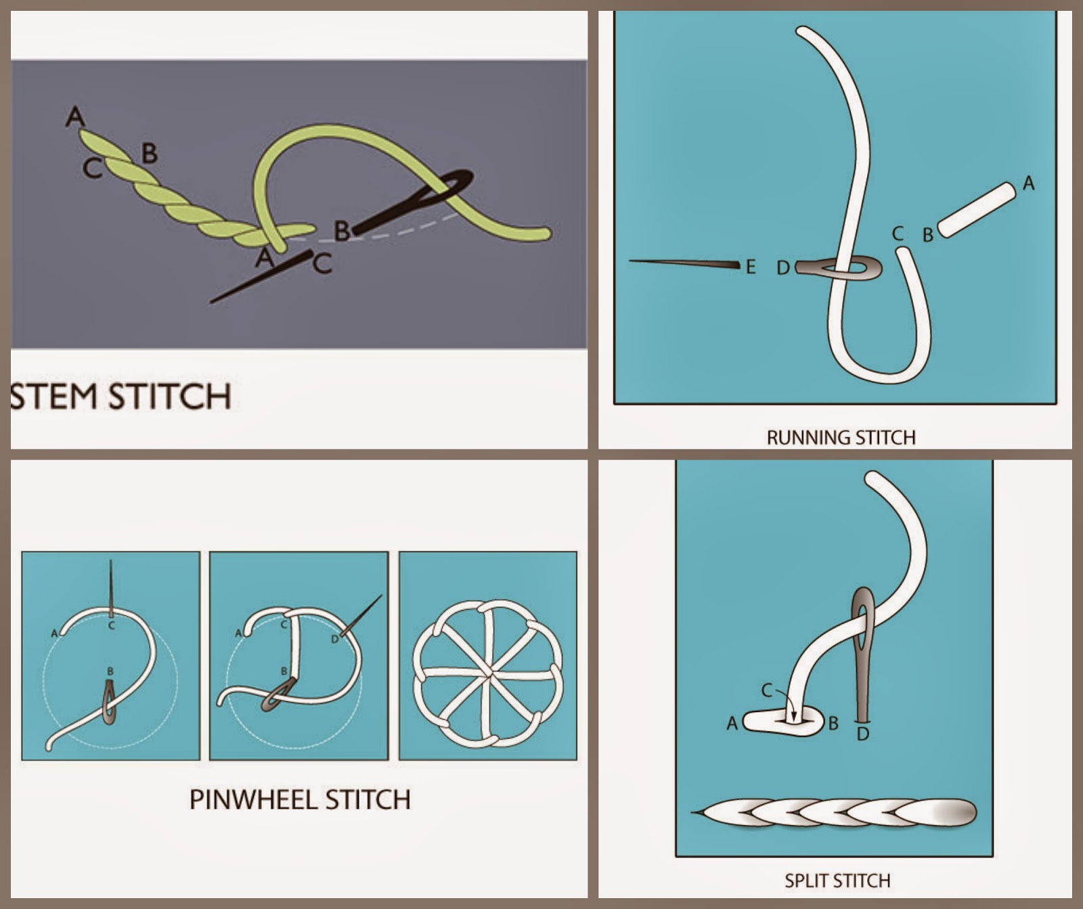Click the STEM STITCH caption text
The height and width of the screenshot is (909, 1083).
[120, 396]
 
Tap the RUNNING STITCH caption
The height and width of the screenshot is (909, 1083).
[841, 437]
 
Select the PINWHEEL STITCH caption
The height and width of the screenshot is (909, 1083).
[300, 799]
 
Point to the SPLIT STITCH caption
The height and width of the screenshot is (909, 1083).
[837, 881]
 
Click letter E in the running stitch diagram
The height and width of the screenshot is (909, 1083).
[750, 267]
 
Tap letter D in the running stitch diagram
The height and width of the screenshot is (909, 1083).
[783, 269]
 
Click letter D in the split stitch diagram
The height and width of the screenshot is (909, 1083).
[862, 733]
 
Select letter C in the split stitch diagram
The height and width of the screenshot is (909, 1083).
[766, 690]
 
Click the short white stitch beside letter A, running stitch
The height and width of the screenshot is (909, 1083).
[977, 210]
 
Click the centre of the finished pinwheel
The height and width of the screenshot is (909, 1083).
[488, 673]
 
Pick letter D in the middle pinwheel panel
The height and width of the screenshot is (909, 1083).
[334, 639]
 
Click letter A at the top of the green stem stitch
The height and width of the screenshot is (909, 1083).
[75, 116]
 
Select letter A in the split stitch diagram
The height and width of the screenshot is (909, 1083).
[732, 724]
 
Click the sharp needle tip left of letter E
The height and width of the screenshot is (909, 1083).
[631, 261]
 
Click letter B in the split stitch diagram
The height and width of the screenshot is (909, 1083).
[833, 724]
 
